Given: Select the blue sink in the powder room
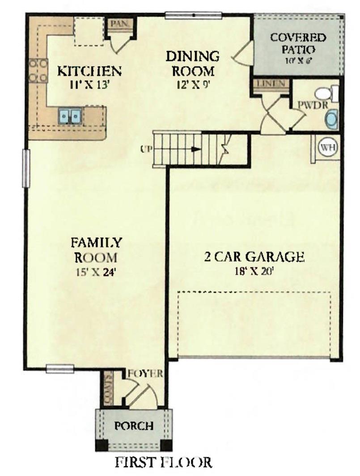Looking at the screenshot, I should [331, 120].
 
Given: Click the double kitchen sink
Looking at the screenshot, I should [70, 117].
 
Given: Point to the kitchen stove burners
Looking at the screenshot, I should [38, 71].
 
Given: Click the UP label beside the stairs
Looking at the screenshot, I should [145, 149].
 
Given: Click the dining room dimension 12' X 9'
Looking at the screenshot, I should [193, 84].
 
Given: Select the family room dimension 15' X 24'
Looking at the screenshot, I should [96, 271].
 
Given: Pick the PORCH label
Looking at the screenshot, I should [134, 425].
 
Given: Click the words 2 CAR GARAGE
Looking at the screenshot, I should [254, 257].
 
